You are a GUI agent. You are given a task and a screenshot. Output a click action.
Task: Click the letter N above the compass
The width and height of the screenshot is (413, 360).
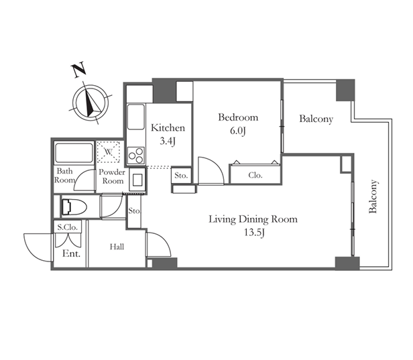coord(78,70)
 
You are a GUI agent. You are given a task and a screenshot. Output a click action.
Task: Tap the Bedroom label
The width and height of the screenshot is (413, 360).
coord(238,117)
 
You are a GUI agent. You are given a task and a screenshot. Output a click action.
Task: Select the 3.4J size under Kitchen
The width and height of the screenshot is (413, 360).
coord(168,141)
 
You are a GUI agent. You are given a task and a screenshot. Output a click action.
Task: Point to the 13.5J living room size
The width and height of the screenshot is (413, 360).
coord(254,233)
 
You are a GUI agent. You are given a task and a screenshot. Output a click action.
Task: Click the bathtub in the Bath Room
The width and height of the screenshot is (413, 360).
coord(74,153)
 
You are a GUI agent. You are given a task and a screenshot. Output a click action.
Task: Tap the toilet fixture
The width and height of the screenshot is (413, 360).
coord(74,206)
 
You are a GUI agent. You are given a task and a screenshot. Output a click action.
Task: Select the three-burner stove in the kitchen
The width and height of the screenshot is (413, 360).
coord(136,156)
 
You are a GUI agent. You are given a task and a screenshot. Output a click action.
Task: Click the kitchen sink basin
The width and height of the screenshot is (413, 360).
coord(136,117)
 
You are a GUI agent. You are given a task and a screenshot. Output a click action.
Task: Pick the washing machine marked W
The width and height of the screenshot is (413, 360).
coord(108,152)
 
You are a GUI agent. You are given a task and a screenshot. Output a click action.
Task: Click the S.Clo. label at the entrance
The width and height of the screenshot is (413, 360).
coord(68,227)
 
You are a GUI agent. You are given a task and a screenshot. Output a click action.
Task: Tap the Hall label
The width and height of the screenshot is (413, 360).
coord(117,247)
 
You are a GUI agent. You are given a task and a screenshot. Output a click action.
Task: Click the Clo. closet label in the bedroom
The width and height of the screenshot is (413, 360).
coord(255,175)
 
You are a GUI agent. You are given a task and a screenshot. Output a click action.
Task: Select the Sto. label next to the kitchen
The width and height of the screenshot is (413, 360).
coord(181,176)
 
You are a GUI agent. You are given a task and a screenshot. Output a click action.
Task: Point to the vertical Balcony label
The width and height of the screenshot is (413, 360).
coord(373,196)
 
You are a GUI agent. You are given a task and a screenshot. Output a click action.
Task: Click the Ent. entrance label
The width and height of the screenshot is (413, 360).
coord(71,253)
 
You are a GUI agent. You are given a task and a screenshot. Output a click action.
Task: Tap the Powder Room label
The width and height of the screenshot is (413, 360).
coord(112,176)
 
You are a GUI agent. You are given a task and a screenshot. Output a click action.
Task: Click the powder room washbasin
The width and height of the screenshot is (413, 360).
coord(137,180)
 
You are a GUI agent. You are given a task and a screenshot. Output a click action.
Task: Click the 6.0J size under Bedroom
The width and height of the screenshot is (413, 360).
coord(238,131)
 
